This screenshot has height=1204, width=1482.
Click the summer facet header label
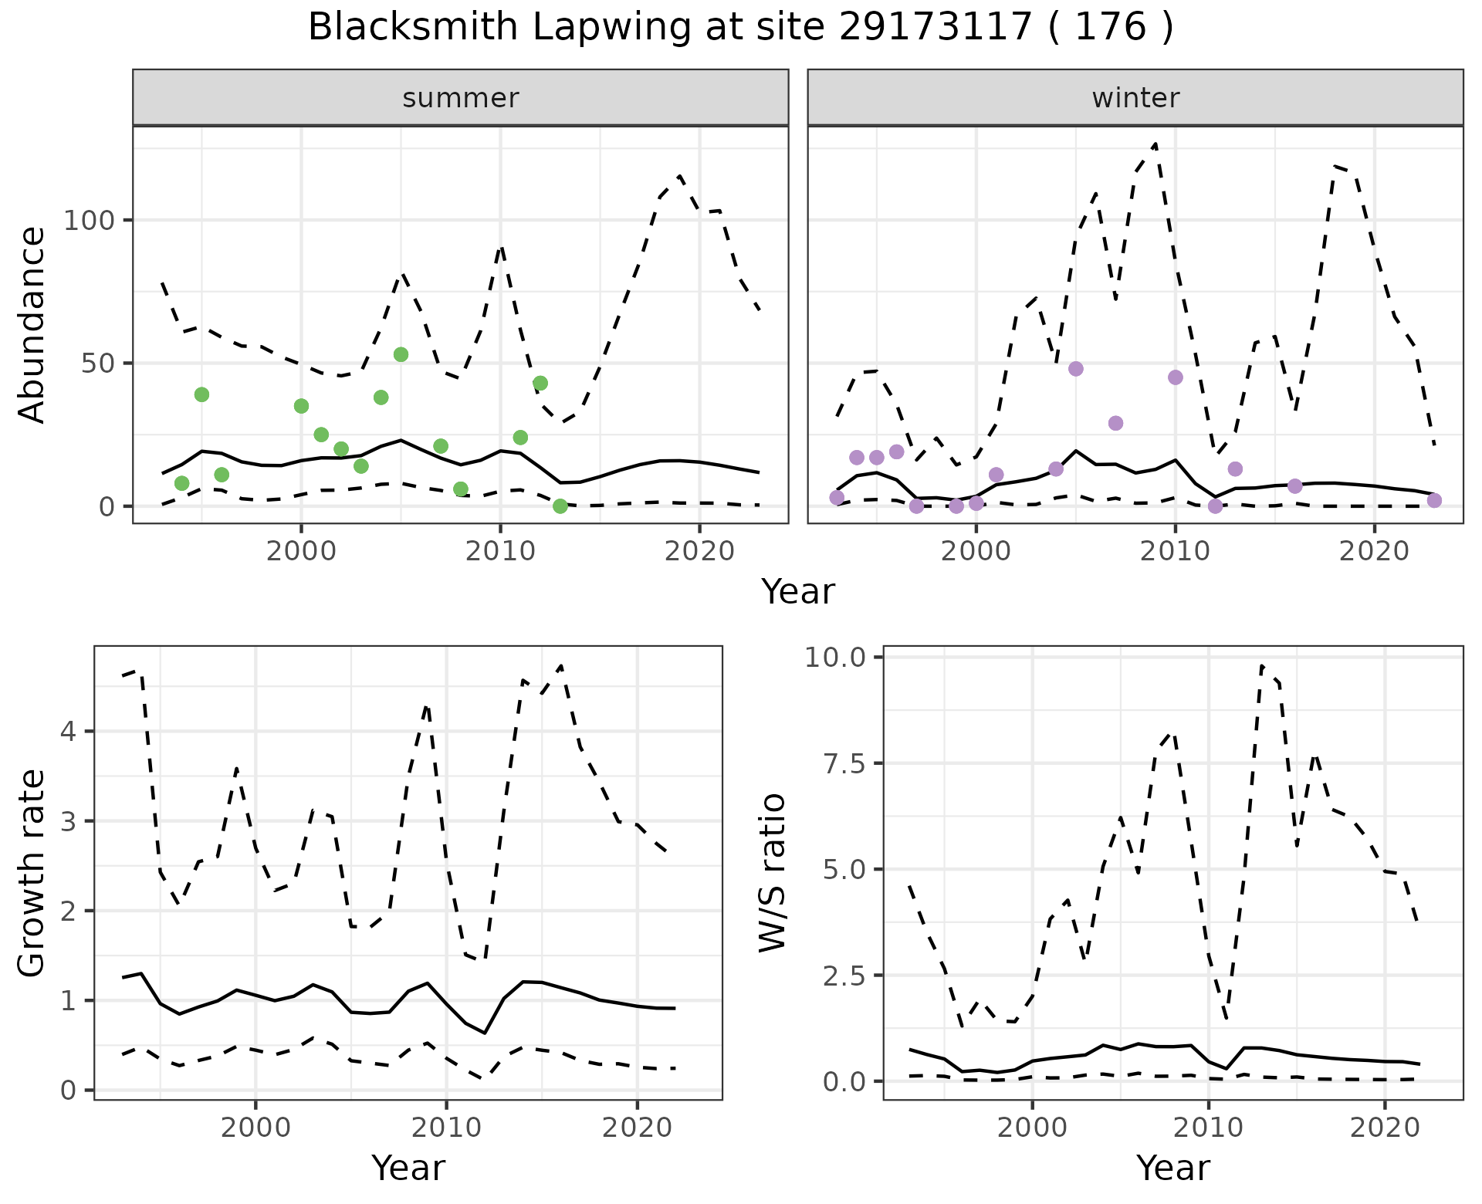coord(460,98)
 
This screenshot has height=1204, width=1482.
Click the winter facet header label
coord(1135,98)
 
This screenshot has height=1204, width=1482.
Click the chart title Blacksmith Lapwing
coord(740,28)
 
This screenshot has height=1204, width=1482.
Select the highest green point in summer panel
coord(401,354)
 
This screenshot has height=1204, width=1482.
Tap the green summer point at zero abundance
coord(560,506)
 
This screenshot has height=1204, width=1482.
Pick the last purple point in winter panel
coord(1434,500)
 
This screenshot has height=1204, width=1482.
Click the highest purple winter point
coord(1076,369)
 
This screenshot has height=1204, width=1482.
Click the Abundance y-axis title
coord(32,325)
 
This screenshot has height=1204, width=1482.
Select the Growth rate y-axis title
coord(32,873)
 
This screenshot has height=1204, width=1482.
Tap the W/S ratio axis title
coord(773,873)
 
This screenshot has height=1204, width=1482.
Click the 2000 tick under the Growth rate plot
coord(255,1128)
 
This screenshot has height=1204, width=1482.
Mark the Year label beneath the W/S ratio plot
coord(1172,1168)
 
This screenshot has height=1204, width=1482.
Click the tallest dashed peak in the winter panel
coord(1155,144)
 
